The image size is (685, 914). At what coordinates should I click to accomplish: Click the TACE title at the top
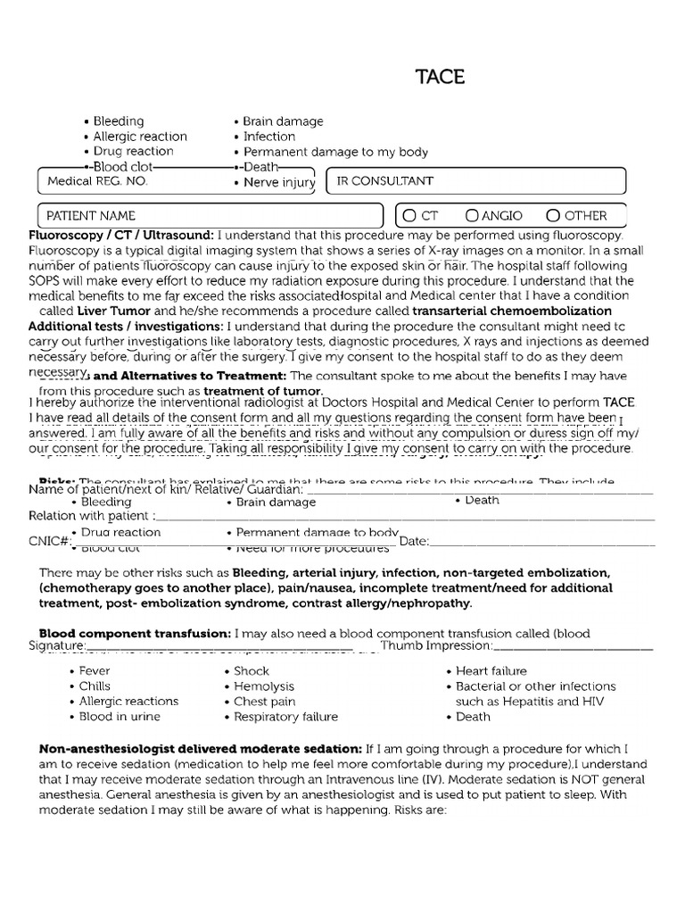pyautogui.click(x=440, y=77)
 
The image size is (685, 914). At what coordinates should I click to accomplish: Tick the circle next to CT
pyautogui.click(x=409, y=215)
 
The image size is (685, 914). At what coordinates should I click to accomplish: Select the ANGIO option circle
pyautogui.click(x=472, y=215)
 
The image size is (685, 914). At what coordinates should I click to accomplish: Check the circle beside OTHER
pyautogui.click(x=553, y=215)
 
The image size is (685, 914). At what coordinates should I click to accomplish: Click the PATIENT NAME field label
pyautogui.click(x=91, y=215)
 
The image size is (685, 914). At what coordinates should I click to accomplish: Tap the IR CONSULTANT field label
pyautogui.click(x=384, y=181)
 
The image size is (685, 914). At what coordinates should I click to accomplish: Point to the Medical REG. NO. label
pyautogui.click(x=97, y=181)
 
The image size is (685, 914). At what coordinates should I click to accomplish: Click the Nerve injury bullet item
pyautogui.click(x=279, y=182)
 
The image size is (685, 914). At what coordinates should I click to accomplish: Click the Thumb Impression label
pyautogui.click(x=436, y=645)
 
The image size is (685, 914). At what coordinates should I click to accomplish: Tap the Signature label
pyautogui.click(x=57, y=645)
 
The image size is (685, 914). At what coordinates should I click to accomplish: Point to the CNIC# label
pyautogui.click(x=50, y=541)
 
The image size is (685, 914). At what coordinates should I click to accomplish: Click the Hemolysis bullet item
pyautogui.click(x=263, y=686)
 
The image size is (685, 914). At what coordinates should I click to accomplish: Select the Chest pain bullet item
pyautogui.click(x=264, y=702)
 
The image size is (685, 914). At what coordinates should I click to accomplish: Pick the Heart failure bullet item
pyautogui.click(x=491, y=671)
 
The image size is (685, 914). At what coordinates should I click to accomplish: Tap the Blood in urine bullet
pyautogui.click(x=120, y=717)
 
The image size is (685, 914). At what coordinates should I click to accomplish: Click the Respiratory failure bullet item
pyautogui.click(x=285, y=717)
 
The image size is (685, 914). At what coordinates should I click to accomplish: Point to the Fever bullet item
pyautogui.click(x=95, y=671)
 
